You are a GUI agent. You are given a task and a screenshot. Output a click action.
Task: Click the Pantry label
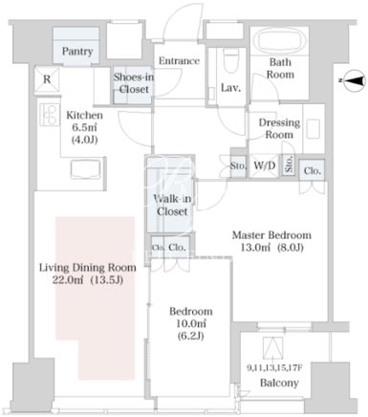[77, 51]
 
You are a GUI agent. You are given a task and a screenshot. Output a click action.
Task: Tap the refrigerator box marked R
[47, 79]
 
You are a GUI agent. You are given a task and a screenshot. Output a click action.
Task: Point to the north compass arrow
[353, 80]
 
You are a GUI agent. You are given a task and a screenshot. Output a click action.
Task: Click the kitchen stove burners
[50, 115]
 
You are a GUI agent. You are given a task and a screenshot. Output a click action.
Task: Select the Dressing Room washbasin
[313, 128]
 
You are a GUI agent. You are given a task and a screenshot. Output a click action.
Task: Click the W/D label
[264, 165]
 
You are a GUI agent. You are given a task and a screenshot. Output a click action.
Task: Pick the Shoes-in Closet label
[134, 83]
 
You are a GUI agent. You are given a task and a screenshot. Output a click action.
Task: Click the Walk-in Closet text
[172, 205]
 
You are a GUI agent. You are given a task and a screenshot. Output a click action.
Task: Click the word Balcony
[279, 383]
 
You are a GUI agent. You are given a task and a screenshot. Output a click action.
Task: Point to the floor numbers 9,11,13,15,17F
[274, 368]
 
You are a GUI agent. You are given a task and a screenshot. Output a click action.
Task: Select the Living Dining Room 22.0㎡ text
[88, 274]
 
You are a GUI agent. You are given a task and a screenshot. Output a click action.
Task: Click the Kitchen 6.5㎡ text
[84, 127]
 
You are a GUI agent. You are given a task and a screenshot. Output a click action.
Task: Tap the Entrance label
[179, 60]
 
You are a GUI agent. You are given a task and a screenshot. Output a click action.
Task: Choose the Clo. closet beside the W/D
[312, 171]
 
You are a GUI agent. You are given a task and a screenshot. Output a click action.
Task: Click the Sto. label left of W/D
[238, 166]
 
